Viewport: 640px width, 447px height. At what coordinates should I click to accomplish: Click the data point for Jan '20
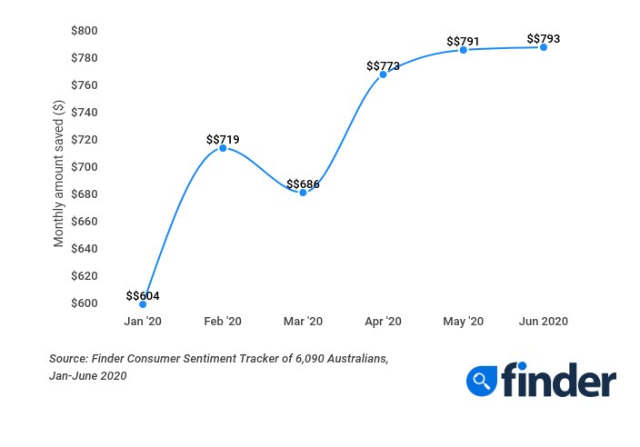pos(143,304)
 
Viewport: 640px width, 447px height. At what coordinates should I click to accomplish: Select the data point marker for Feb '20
pos(223,148)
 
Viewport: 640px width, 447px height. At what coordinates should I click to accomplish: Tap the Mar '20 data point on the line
pos(303,193)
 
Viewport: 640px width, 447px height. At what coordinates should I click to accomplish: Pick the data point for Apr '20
pos(383,74)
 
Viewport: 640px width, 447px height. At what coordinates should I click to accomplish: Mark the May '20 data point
pos(463,50)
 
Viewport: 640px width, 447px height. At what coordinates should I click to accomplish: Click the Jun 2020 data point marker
pos(544,47)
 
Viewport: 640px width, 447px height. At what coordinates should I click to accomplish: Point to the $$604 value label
pos(143,295)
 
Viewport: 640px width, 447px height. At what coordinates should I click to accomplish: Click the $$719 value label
pos(223,139)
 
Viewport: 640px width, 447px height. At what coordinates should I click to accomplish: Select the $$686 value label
pos(303,184)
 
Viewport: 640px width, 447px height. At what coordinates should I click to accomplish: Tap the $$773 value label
pos(383,65)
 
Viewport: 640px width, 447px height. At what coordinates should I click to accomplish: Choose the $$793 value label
pos(544,39)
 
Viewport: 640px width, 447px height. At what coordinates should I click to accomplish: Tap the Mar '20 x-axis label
pos(303,322)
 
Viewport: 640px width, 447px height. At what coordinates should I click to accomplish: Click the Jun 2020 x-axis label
pos(544,322)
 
